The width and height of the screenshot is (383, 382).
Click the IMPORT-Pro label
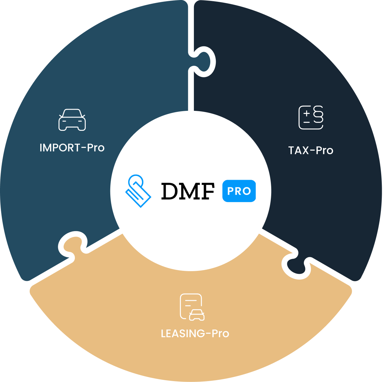[72, 148]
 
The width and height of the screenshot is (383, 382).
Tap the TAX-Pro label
[311, 151]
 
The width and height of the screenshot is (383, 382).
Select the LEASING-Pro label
[195, 334]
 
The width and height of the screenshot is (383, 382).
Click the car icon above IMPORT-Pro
[72, 120]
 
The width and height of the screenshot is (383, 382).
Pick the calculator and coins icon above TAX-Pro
[311, 118]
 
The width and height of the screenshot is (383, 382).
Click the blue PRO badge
[239, 191]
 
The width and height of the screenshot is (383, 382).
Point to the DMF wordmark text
[188, 191]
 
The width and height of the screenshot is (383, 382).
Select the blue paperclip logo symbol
[138, 191]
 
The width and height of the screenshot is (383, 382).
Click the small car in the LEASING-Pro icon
[197, 315]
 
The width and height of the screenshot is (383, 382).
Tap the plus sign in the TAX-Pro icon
[307, 114]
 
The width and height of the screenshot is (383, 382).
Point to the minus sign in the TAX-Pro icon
[307, 122]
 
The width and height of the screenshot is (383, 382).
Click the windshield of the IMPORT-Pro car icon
[72, 114]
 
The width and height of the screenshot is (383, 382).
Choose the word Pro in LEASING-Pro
[220, 334]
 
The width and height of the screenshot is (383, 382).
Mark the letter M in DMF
[188, 191]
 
